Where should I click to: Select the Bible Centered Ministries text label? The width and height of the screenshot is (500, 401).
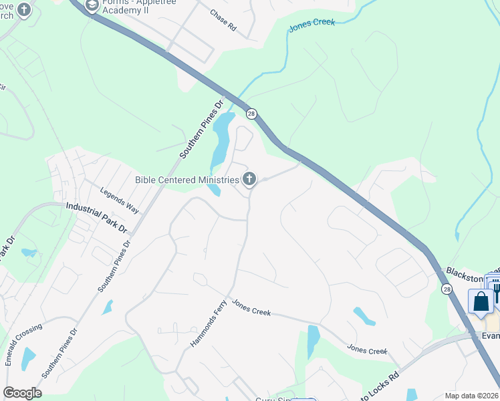coord(186,180)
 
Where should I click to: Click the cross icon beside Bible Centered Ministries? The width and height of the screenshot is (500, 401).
coord(249,178)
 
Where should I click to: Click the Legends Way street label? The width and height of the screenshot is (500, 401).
coord(120,200)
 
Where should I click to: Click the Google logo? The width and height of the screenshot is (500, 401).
coord(22,392)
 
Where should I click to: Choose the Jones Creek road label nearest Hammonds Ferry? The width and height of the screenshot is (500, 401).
coord(251,308)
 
